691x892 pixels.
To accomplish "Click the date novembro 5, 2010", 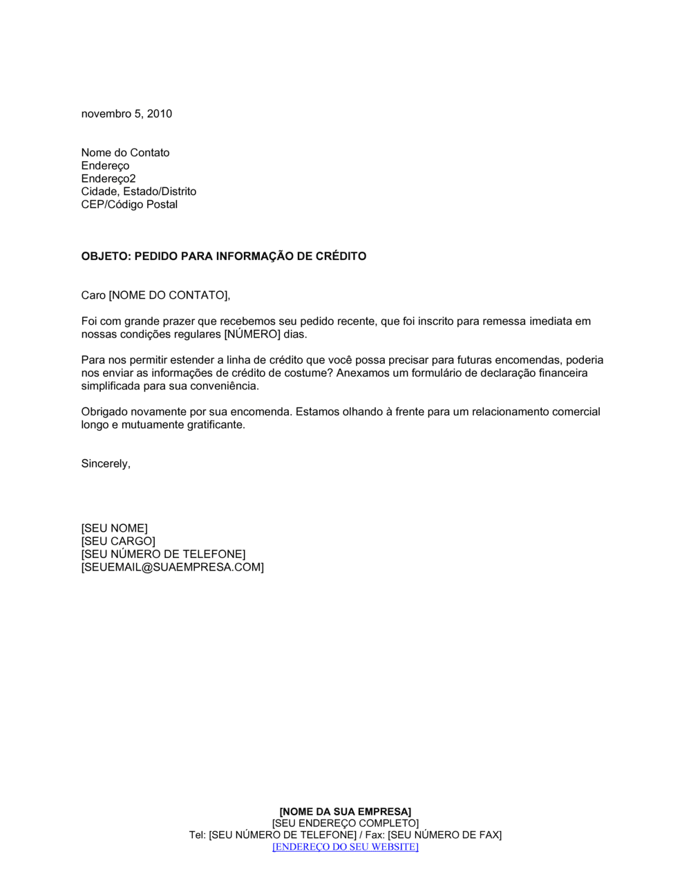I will tap(126, 114).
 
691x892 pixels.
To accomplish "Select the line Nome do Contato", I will tap(125, 153).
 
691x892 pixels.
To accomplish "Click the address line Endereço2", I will tap(108, 178).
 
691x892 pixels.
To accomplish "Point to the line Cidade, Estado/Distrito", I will tap(138, 192).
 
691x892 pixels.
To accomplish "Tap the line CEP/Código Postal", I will tap(129, 205).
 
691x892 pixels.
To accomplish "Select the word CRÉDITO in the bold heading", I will tap(341, 257).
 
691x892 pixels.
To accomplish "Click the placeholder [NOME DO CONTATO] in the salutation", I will tap(168, 295).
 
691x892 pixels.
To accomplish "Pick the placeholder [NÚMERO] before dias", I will tap(252, 335).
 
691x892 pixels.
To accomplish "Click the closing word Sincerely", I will tap(105, 464).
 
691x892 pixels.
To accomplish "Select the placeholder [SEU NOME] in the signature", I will tap(114, 529).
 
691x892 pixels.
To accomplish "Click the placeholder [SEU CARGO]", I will tap(118, 541).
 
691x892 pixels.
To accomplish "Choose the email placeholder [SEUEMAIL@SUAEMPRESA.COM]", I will tap(172, 568).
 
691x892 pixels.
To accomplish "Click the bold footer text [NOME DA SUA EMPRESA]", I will tap(345, 812).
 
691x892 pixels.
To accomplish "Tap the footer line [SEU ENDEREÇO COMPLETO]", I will tap(345, 824).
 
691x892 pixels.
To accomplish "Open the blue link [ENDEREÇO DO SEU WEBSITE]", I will tap(345, 847).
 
